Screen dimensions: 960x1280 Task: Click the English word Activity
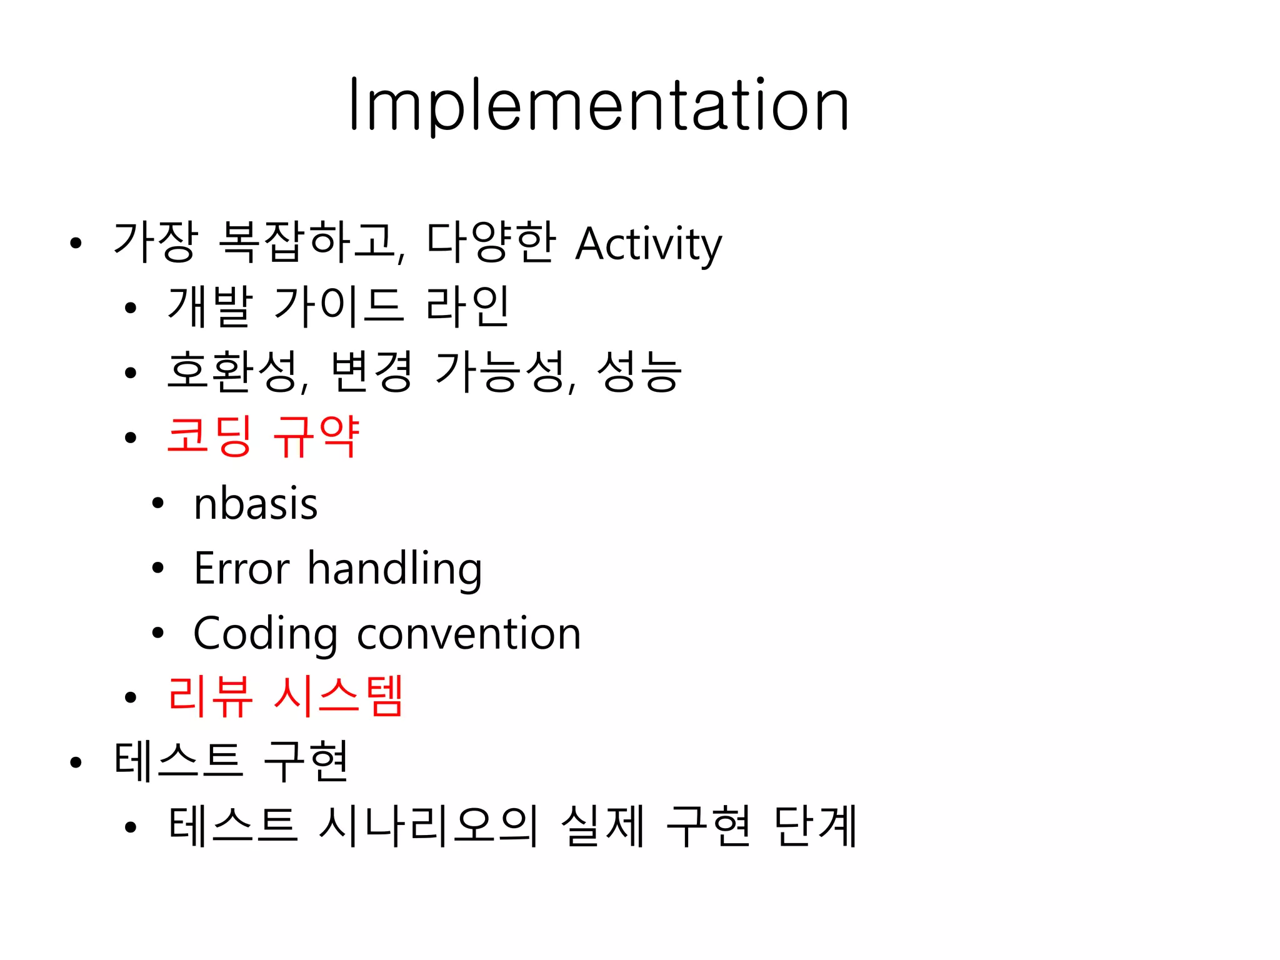click(648, 244)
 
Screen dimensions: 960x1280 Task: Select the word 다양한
click(491, 242)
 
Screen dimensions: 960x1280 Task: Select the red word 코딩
click(210, 436)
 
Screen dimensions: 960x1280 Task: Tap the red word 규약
click(316, 436)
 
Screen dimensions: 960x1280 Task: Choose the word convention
click(469, 634)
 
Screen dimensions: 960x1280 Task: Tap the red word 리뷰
click(210, 696)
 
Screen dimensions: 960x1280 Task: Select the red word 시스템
click(338, 696)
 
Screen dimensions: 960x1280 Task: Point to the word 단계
click(815, 826)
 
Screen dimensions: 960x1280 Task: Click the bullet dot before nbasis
click(157, 503)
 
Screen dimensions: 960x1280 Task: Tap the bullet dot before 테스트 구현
click(76, 762)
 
